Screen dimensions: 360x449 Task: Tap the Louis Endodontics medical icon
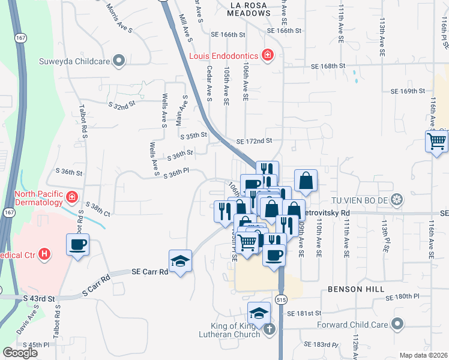click(x=268, y=56)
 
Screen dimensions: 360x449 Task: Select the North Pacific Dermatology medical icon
click(x=71, y=197)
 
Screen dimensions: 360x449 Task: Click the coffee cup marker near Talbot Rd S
click(x=78, y=245)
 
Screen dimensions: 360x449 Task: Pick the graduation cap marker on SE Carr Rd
click(x=180, y=262)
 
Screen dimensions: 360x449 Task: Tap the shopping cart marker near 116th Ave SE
click(x=436, y=142)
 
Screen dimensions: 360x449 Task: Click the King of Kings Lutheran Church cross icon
click(x=270, y=329)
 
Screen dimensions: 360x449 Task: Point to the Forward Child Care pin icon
click(x=397, y=325)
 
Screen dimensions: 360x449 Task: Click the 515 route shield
click(x=282, y=299)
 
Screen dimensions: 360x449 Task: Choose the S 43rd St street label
click(x=39, y=298)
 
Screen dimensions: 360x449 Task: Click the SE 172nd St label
click(x=255, y=141)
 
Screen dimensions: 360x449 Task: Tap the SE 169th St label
click(x=408, y=91)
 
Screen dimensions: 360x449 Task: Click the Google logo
click(x=20, y=352)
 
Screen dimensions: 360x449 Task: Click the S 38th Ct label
click(x=98, y=209)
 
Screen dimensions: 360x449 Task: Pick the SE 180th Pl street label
click(x=411, y=296)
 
